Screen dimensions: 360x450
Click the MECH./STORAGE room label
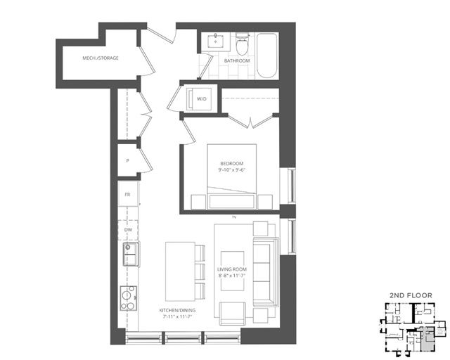point(101,58)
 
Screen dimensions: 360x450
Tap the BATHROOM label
point(237,61)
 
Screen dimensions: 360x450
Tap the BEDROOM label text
point(231,163)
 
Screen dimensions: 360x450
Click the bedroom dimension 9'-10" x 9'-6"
point(231,171)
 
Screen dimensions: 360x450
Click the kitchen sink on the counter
point(130,254)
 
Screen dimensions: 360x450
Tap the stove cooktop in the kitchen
point(128,298)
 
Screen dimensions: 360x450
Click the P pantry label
point(127,160)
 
